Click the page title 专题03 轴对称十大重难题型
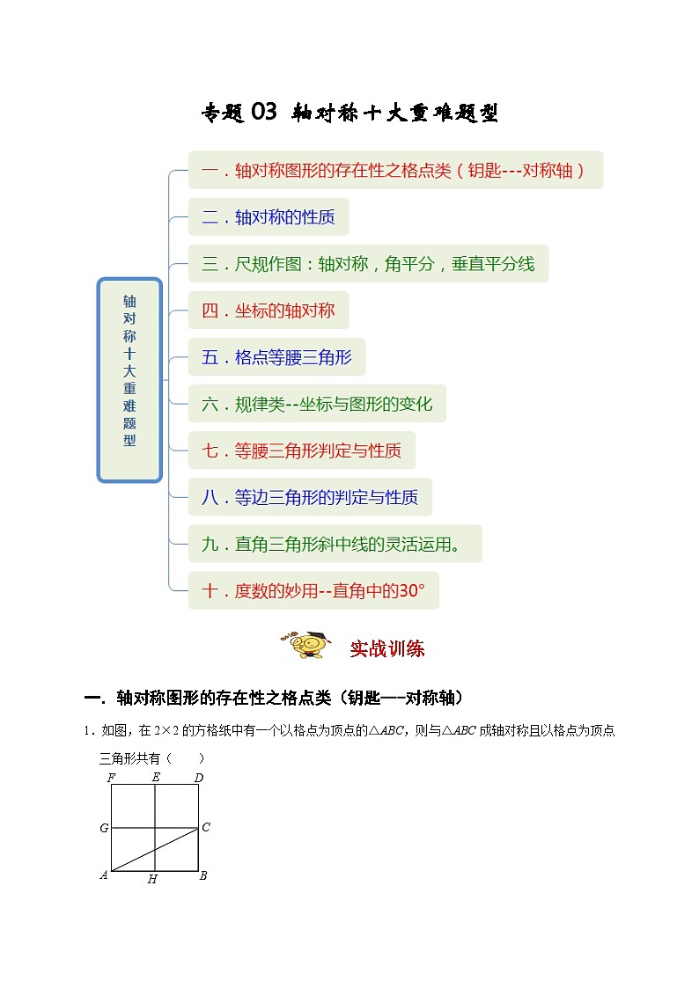pos(350,113)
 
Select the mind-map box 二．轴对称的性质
pos(269,217)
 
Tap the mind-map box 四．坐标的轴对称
pos(269,311)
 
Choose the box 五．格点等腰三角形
pos(276,357)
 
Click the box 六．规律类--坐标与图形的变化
pos(317,404)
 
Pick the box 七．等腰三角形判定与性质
pos(301,450)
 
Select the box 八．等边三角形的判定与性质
pos(310,497)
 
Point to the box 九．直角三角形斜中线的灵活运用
pos(335,544)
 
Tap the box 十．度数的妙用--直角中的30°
pos(313,590)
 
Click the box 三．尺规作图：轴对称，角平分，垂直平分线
pos(368,264)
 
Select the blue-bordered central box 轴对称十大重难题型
pos(129,380)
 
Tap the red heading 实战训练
pos(387,649)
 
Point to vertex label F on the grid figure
pos(111,777)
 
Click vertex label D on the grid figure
pos(198,777)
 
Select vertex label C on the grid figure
pos(206,827)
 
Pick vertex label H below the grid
pos(152,880)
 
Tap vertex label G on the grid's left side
pos(104,828)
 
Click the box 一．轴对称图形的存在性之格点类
pos(395,171)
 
